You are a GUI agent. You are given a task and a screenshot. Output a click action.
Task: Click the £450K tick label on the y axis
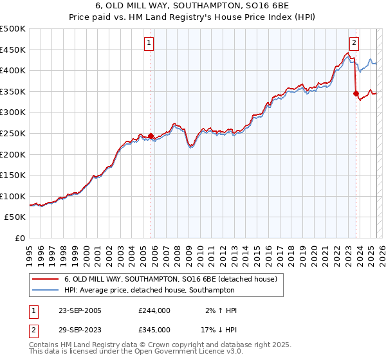click(13, 50)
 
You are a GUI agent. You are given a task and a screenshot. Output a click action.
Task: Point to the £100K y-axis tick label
click(13, 196)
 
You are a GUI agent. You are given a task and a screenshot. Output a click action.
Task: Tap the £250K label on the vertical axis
click(13, 133)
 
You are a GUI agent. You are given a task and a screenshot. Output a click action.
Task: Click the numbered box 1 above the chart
click(149, 43)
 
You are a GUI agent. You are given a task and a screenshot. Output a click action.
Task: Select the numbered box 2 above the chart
click(354, 43)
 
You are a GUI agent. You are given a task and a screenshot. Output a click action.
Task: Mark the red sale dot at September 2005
click(151, 136)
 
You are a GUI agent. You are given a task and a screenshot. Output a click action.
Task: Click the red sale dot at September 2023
click(356, 94)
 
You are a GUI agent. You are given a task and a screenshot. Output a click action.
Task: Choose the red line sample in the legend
click(46, 279)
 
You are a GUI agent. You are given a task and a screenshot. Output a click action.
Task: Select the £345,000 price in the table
click(154, 329)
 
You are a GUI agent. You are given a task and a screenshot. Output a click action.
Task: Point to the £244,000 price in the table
click(154, 310)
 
